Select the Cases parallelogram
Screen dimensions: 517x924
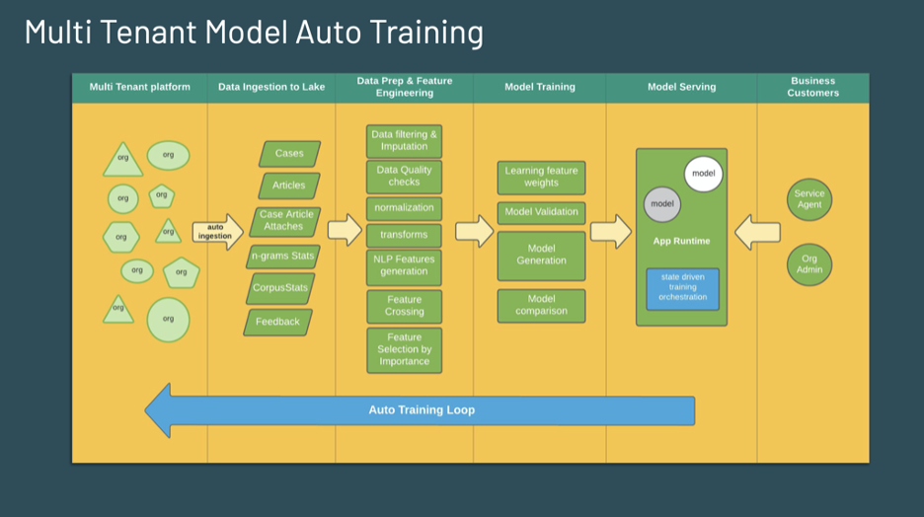point(289,154)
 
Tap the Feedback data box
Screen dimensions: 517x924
point(277,322)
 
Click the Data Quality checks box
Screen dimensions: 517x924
point(404,176)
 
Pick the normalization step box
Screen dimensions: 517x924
point(404,208)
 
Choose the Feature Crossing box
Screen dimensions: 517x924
point(404,306)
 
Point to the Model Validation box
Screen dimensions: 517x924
point(541,212)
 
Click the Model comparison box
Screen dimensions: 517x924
point(541,305)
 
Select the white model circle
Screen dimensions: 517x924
point(703,174)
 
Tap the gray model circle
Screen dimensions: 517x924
point(662,204)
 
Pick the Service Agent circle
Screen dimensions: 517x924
point(809,199)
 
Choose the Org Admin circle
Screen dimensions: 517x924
point(809,264)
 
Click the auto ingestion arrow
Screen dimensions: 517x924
point(216,232)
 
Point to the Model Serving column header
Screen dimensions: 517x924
point(681,87)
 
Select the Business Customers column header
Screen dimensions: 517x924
point(813,87)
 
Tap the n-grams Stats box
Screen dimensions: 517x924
point(282,257)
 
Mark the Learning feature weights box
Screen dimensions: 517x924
point(541,177)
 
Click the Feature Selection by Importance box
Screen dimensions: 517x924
point(404,349)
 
